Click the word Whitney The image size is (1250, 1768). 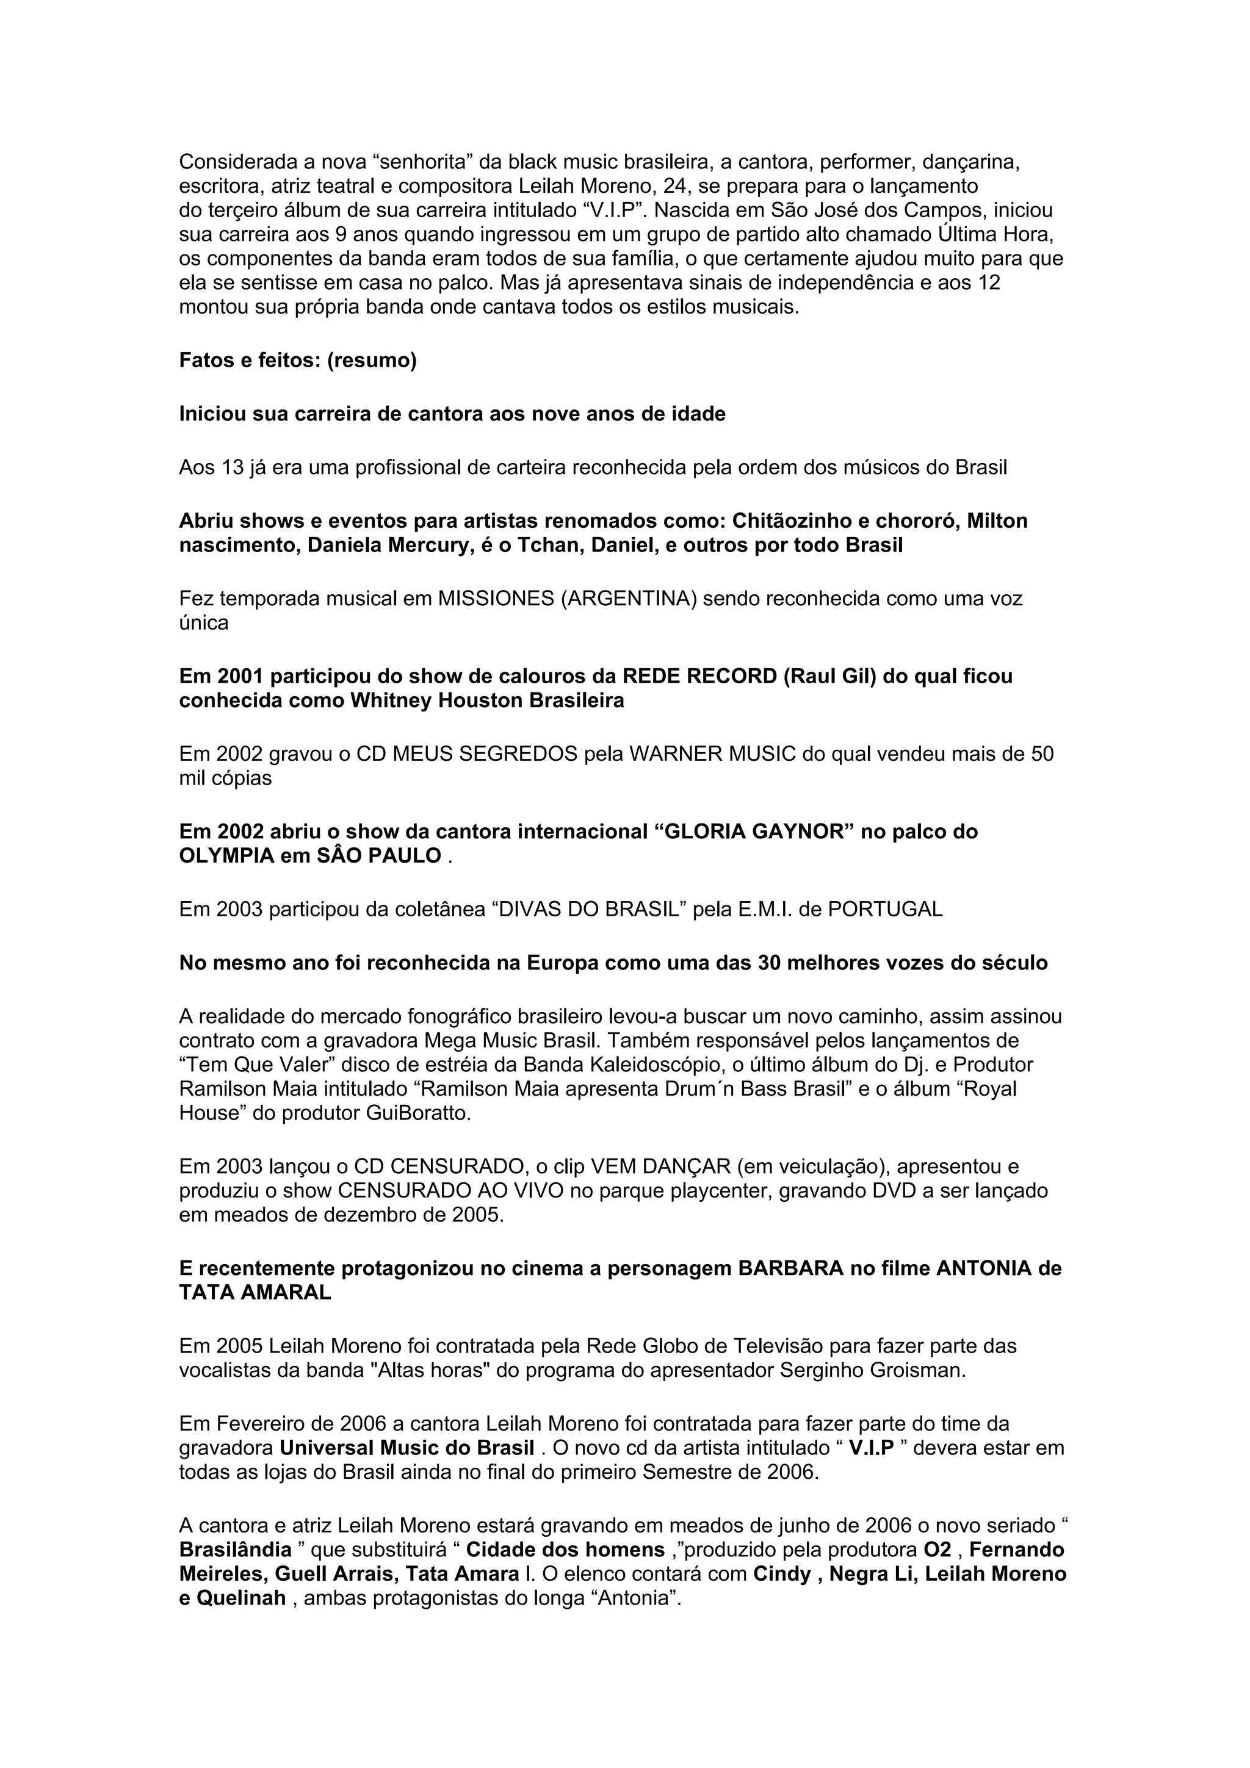pos(391,702)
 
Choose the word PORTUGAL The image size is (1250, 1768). pos(885,910)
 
